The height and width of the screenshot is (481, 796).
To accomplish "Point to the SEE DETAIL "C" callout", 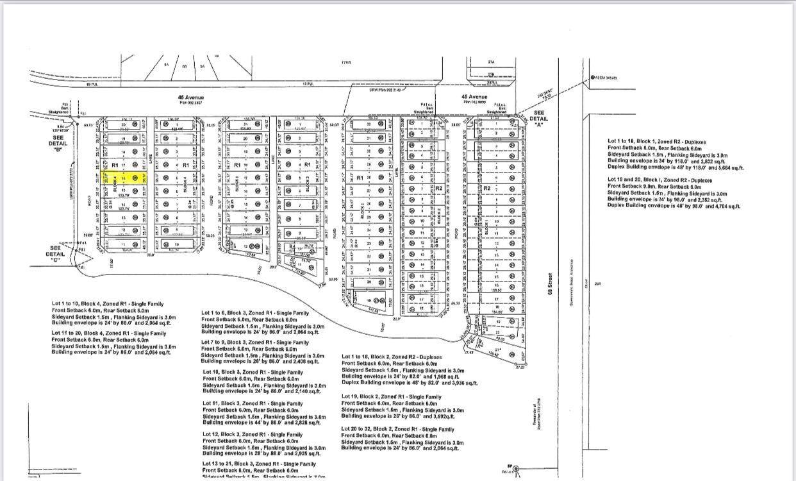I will pos(56,255).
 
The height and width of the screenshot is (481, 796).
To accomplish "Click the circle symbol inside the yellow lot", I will pos(135,178).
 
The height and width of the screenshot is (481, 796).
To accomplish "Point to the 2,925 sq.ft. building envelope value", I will pos(304,454).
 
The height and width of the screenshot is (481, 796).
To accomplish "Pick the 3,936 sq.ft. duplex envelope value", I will pos(462,383).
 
